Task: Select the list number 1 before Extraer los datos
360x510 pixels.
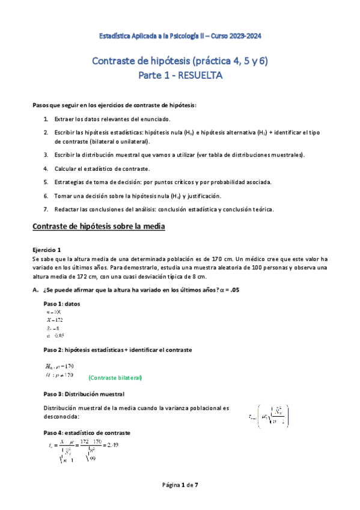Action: [46, 119]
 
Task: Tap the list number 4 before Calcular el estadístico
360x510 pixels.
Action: [46, 168]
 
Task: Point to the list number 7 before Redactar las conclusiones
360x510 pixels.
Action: [46, 210]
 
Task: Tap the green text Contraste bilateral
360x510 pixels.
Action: [115, 378]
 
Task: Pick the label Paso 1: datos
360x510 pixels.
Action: [62, 304]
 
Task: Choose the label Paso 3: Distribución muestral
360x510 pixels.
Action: [84, 394]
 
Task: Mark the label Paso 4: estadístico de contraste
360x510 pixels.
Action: [87, 433]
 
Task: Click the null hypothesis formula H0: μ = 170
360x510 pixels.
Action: [58, 366]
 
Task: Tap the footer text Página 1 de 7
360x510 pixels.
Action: [180, 485]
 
